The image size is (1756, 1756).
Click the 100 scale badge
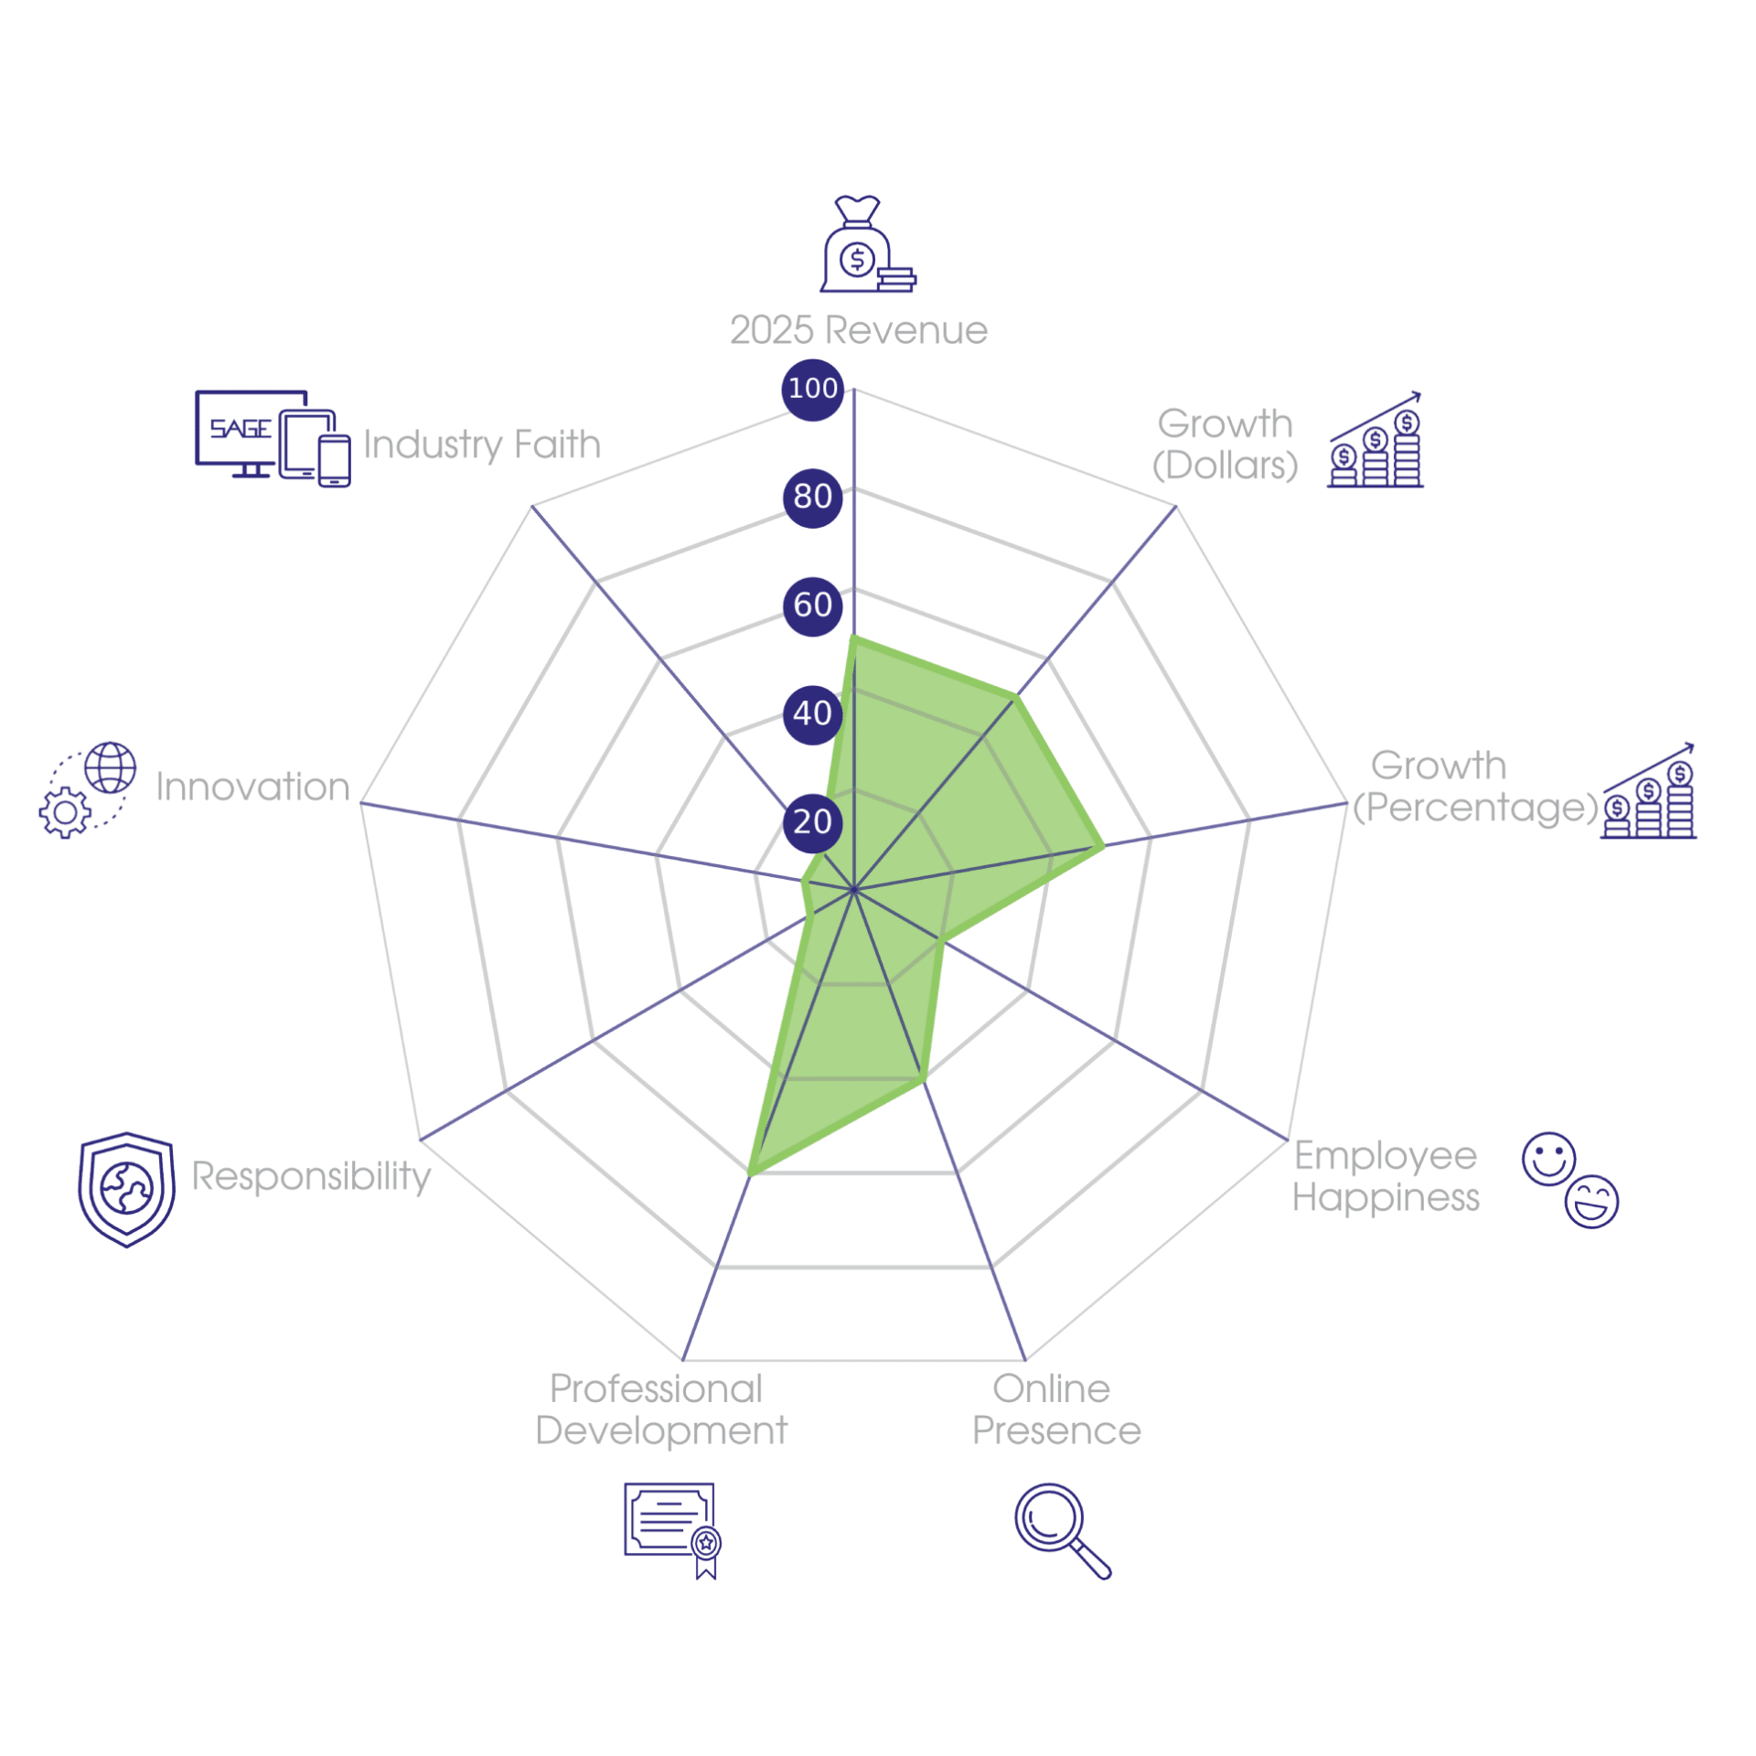812,389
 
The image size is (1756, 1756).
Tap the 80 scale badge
812,498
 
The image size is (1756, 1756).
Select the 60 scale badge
812,605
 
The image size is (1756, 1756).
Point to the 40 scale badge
812,714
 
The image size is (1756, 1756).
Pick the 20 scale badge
812,822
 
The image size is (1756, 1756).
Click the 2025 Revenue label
858,329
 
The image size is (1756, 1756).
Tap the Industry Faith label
481,445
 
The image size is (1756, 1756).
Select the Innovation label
252,787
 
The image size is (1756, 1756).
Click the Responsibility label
310,1176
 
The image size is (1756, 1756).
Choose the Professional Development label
660,1410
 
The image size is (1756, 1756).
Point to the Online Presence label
1055,1410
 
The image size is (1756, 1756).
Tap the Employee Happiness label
1385,1177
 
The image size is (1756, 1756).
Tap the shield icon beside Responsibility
126,1189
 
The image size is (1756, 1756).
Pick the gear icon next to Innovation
65,811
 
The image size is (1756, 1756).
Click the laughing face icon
1590,1201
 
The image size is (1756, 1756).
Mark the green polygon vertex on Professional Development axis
749,1172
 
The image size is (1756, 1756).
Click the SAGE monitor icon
252,434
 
